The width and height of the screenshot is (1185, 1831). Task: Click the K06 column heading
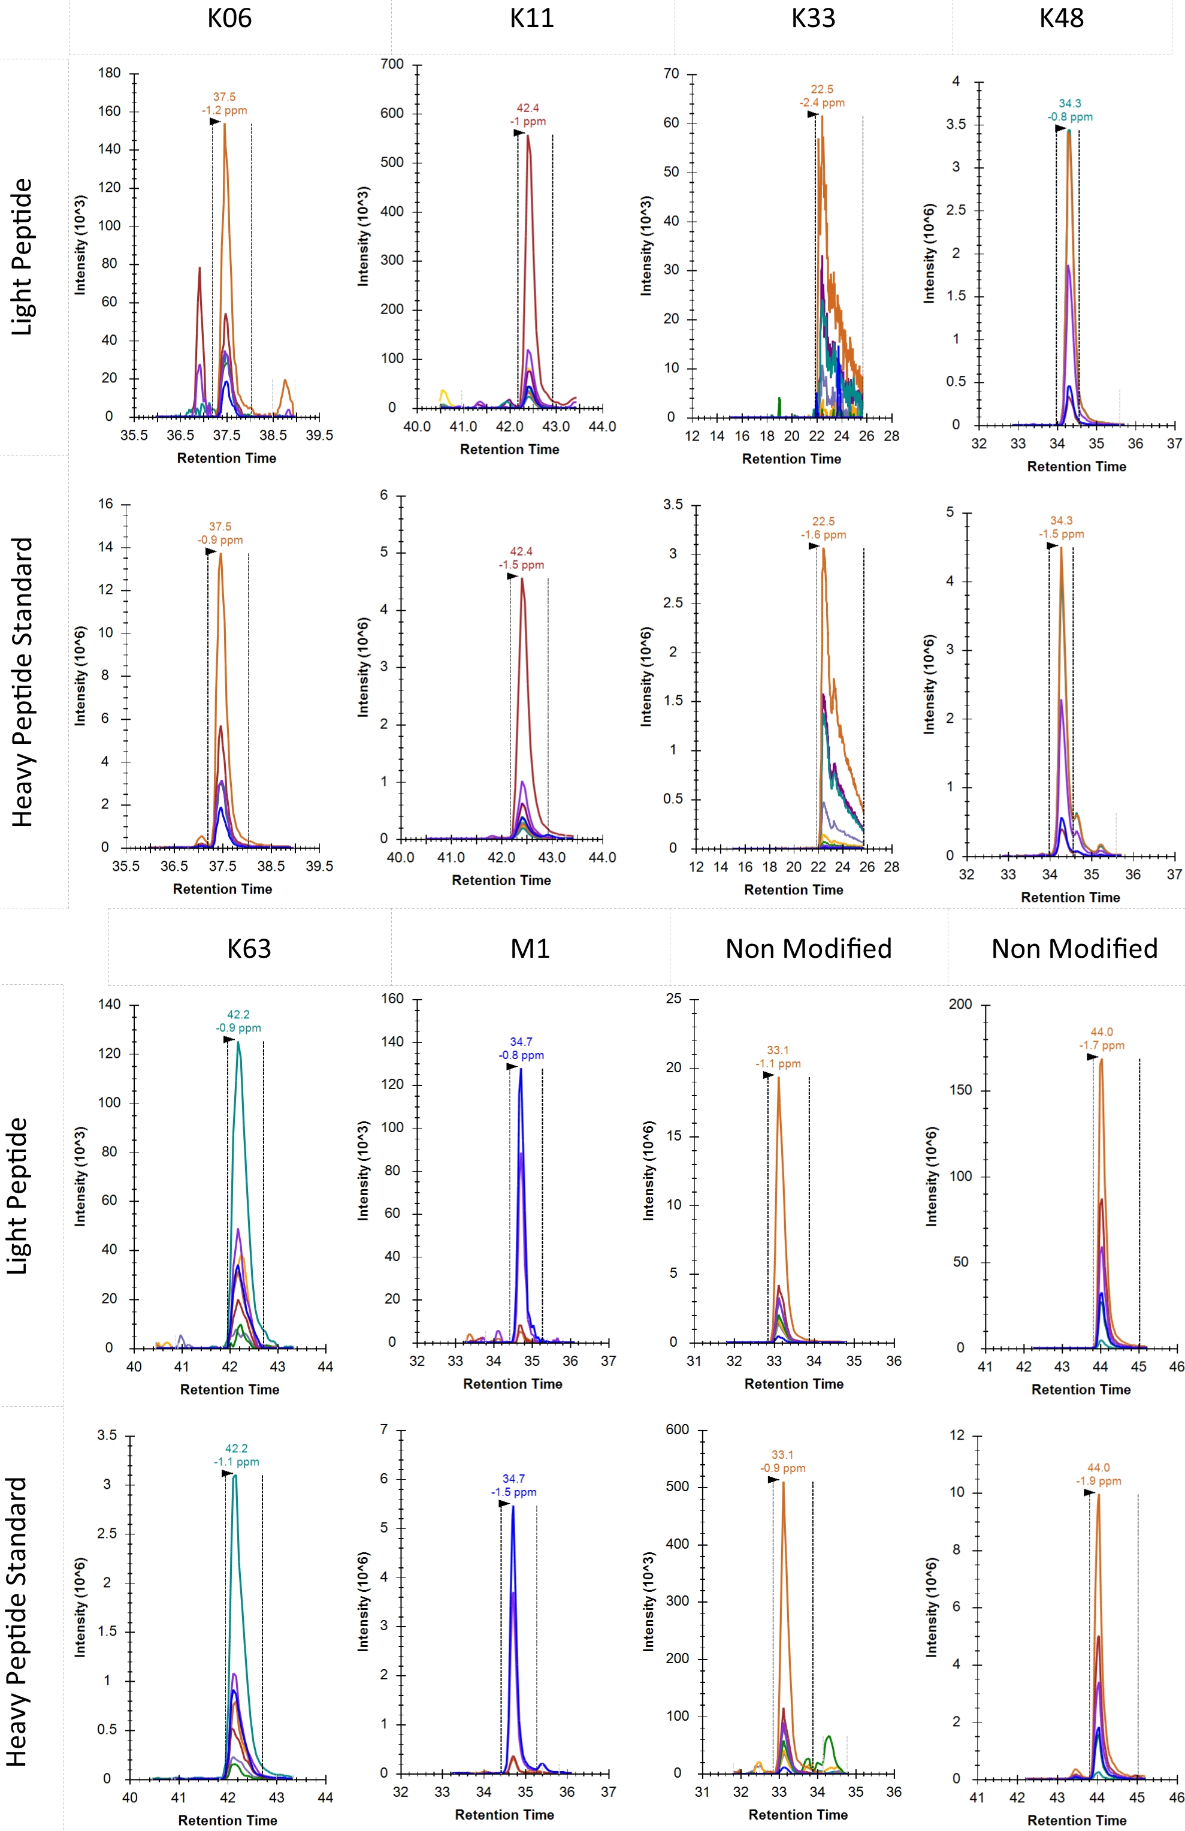229,19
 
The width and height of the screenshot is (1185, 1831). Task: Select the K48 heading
1061,19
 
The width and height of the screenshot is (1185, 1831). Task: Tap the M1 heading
530,949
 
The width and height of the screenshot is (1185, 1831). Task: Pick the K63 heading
249,949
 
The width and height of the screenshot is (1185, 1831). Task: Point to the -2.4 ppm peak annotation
821,103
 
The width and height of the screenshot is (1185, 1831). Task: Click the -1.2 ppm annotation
225,111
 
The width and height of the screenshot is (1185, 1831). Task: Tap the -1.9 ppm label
1098,1481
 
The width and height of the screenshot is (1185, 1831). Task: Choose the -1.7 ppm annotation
1101,1045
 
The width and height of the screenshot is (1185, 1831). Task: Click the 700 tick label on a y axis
392,65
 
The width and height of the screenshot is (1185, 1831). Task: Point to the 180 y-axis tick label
109,73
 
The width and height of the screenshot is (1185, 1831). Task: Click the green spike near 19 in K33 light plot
779,405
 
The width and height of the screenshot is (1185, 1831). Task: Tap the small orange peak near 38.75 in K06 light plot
285,382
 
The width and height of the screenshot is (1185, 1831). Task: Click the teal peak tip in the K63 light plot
238,1044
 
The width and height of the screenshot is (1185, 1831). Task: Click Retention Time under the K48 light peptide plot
1076,467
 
